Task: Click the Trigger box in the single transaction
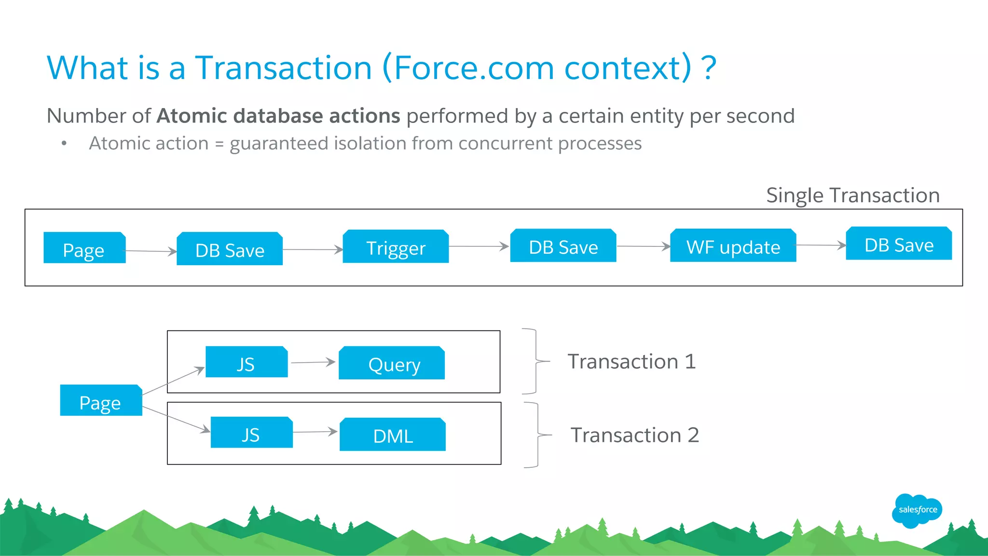pos(396,247)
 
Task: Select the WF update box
pos(733,246)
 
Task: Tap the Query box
pos(392,363)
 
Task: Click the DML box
pos(393,434)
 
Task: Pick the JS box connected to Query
pos(247,362)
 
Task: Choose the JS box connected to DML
pos(251,433)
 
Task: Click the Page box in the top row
pos(84,248)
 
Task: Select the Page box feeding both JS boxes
pos(101,400)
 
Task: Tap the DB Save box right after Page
pos(230,249)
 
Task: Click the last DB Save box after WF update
pos(899,244)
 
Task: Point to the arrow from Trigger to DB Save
pos(479,246)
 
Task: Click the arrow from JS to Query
pos(313,362)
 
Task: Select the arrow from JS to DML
pos(315,432)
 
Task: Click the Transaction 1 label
pos(631,362)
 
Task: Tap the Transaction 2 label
pos(634,435)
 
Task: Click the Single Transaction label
pos(852,195)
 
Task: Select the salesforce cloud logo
pos(917,510)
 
